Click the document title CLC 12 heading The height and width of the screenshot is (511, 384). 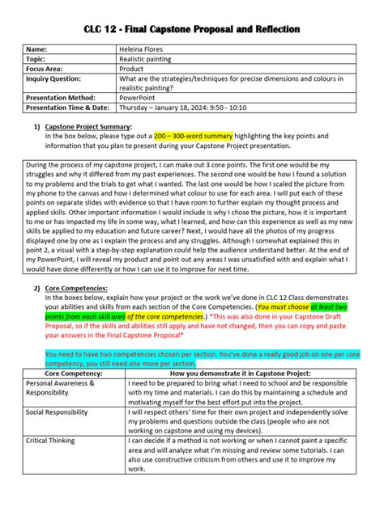tap(192, 29)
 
